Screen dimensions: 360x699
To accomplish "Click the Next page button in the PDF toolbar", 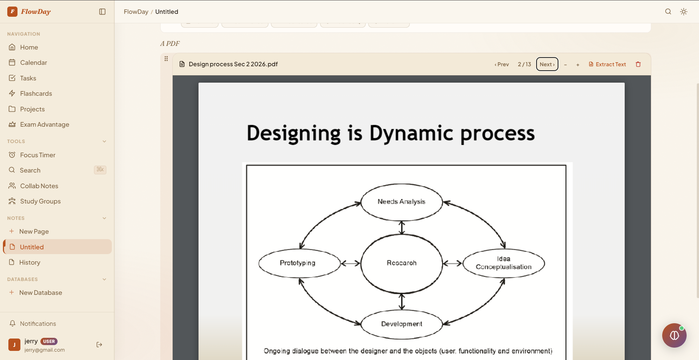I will tap(547, 64).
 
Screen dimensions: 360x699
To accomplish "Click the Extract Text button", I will tap(607, 64).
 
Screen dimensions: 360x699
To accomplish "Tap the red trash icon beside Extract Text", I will tap(638, 64).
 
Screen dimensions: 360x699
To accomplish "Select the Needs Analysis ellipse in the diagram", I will tap(401, 202).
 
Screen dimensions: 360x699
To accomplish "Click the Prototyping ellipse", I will tap(298, 263).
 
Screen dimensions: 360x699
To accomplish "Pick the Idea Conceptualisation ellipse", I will tap(503, 263).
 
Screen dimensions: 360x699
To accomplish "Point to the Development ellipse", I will tap(401, 324).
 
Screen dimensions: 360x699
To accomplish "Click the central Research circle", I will tap(401, 263).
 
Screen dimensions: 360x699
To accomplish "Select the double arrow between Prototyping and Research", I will tap(350, 263).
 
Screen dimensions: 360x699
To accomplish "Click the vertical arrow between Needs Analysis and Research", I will tap(401, 228).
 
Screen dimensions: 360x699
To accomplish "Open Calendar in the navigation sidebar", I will tap(34, 63).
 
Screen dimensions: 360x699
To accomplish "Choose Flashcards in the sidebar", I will tap(36, 94).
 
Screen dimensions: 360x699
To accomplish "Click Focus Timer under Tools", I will tap(38, 155).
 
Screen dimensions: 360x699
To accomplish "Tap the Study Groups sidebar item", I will tap(40, 201).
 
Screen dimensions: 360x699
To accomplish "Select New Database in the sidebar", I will tap(40, 293).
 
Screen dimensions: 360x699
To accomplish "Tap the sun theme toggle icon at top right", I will tap(683, 12).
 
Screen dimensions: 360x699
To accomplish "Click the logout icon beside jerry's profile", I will tap(99, 345).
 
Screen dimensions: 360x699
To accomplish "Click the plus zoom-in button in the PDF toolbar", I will tap(577, 65).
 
